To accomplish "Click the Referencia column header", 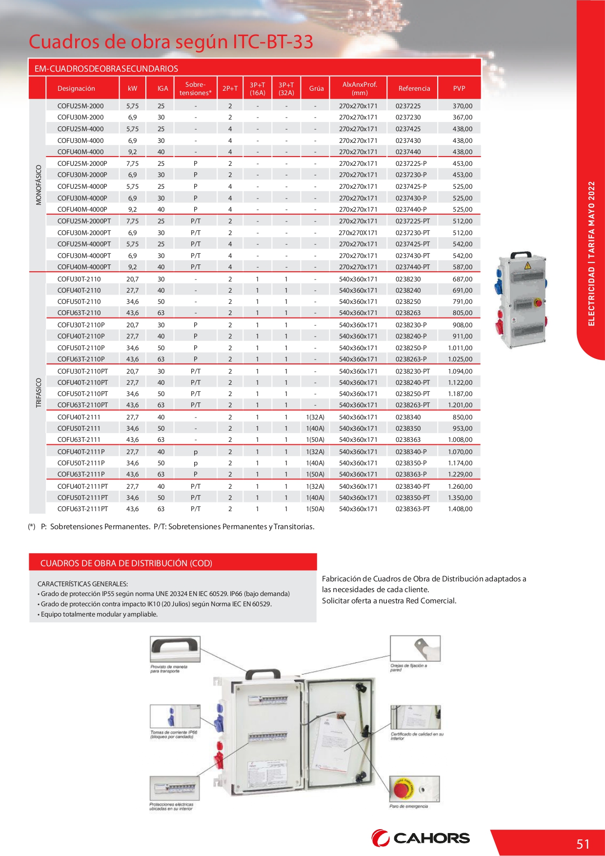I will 414,88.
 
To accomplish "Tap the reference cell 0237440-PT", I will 412,267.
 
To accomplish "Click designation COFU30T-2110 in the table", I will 79,279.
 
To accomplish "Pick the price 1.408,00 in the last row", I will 460,509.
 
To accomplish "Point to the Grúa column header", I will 316,88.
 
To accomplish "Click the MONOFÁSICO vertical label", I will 39,185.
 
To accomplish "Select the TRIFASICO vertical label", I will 39,393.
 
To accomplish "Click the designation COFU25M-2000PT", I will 84,221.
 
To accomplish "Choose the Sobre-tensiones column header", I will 195,88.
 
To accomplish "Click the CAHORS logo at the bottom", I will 421,838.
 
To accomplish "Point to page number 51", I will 583,844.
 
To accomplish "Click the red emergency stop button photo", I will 414,789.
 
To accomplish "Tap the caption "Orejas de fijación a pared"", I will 408,667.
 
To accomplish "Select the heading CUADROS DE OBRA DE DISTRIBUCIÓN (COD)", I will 126,563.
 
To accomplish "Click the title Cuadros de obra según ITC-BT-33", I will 171,42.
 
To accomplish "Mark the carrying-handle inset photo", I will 175,649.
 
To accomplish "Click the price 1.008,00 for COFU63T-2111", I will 460,439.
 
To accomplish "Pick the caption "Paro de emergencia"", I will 408,806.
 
